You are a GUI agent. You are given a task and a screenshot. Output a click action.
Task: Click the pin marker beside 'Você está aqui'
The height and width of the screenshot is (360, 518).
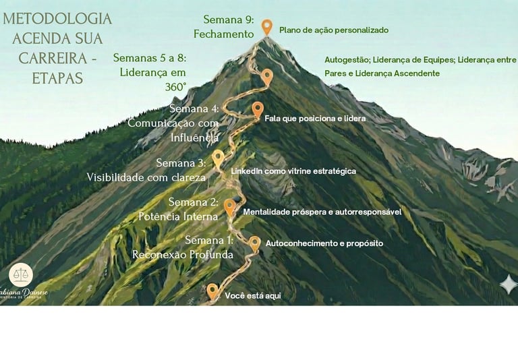tap(212, 291)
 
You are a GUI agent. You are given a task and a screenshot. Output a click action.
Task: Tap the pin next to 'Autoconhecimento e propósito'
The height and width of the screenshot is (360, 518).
tap(254, 243)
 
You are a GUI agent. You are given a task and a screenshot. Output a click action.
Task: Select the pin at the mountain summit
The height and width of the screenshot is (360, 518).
tap(267, 27)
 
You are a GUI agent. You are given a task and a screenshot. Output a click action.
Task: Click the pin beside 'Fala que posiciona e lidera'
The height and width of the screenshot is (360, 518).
tap(257, 109)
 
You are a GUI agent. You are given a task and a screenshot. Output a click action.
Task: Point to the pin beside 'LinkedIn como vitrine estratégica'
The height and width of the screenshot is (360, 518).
tap(218, 158)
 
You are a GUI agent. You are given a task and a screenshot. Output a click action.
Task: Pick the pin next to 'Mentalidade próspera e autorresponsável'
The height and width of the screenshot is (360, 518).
tap(229, 206)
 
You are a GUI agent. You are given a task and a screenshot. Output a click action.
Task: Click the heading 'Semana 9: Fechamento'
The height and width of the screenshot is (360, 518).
tap(224, 26)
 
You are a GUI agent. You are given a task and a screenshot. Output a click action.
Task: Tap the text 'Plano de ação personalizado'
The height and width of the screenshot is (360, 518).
tap(333, 30)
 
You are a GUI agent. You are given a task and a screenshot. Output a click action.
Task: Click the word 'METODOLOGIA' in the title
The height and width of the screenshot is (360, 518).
tap(57, 18)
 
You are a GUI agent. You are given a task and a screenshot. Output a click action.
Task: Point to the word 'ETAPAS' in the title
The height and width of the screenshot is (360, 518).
tap(57, 79)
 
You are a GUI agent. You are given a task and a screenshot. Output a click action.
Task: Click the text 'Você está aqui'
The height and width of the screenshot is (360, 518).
tap(252, 295)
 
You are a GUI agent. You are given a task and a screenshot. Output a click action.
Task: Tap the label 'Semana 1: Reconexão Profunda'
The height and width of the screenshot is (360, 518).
tap(183, 247)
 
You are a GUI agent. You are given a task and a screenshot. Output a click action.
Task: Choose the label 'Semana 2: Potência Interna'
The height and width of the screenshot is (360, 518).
tap(179, 209)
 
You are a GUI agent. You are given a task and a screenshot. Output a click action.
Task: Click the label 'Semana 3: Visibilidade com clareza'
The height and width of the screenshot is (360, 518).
tap(146, 170)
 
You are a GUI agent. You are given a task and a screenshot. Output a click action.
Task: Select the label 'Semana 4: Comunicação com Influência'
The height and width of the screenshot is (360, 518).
tap(174, 123)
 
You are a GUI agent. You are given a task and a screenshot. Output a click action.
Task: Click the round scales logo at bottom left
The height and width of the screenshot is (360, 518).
tap(21, 274)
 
